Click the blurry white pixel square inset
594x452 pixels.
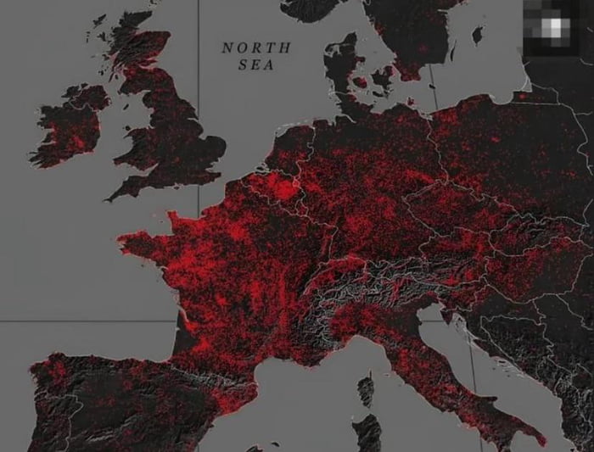[x=557, y=29]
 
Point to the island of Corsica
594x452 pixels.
[x=366, y=391]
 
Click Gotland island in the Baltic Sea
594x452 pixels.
[x=478, y=35]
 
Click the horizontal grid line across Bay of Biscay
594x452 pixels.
[x=85, y=321]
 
